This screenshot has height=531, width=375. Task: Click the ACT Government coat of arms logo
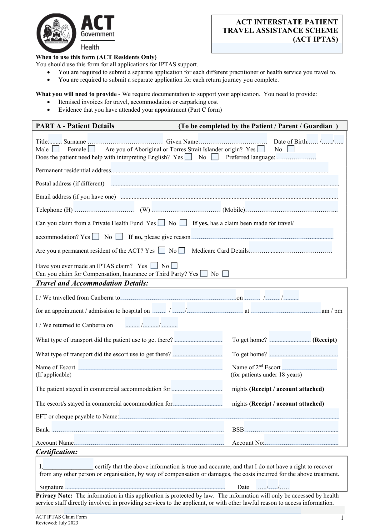tap(57, 33)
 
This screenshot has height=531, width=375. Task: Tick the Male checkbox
tap(56, 149)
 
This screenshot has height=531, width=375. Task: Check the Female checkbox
tap(92, 149)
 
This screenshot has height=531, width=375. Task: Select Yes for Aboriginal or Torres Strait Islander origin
tap(261, 149)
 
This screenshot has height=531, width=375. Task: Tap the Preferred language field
tap(296, 157)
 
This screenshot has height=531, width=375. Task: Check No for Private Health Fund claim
tap(183, 223)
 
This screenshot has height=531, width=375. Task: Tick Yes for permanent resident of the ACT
tap(162, 250)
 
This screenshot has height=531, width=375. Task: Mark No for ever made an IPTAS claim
tap(174, 265)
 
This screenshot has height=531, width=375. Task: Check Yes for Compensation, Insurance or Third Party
tap(204, 274)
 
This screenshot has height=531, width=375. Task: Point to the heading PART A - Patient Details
tap(75, 126)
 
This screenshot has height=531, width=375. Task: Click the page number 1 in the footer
tap(342, 518)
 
